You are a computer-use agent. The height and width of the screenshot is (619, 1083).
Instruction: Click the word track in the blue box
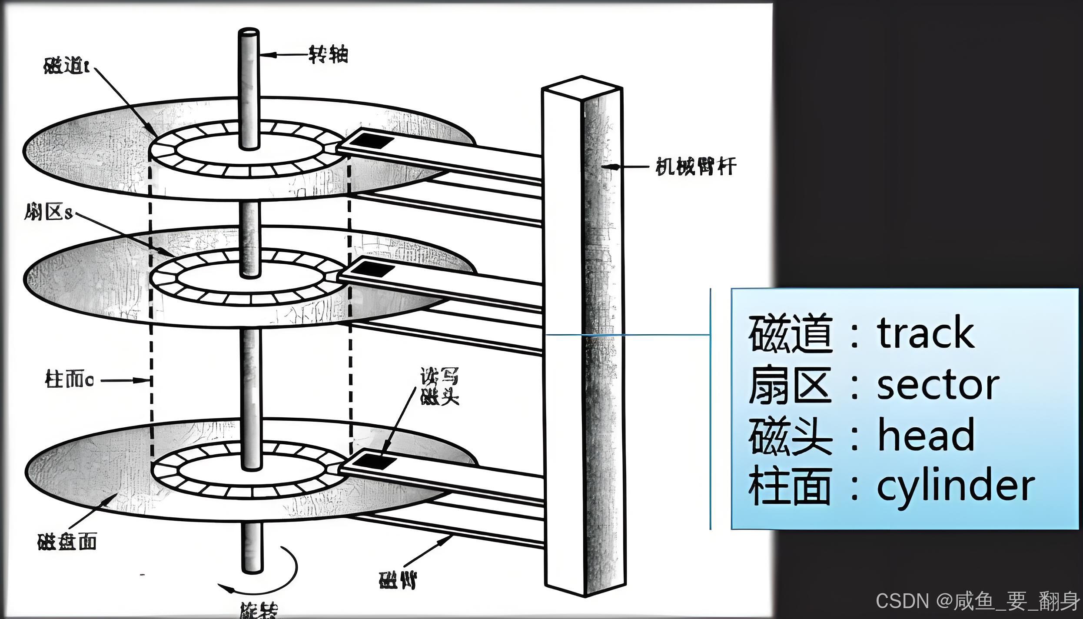point(926,333)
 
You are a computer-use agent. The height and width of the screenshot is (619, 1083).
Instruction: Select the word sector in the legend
point(938,385)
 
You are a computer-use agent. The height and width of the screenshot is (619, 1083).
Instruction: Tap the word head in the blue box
point(926,435)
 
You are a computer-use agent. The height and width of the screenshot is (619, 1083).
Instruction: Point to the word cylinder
point(955,486)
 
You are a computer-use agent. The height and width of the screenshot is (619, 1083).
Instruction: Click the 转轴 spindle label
point(328,55)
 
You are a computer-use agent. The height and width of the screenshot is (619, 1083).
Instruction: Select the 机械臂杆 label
point(695,166)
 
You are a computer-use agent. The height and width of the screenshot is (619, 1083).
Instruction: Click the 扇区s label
point(48,213)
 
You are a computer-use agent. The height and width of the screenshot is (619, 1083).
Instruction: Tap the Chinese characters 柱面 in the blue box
point(789,486)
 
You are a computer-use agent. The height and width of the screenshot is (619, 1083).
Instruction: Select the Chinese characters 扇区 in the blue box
point(789,385)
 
